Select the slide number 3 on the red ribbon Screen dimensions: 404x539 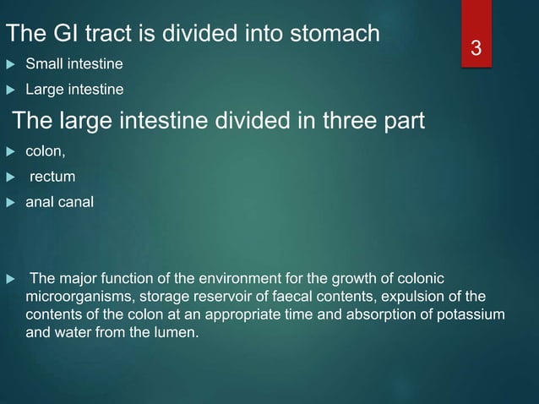476,50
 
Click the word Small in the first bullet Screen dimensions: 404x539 43,64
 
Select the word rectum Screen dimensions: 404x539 52,177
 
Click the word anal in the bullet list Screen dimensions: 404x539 41,201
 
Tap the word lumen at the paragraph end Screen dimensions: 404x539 178,332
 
